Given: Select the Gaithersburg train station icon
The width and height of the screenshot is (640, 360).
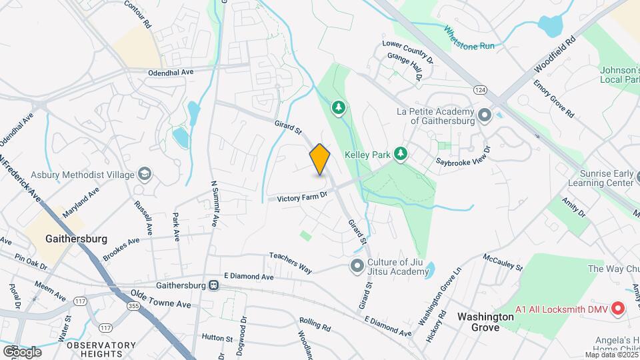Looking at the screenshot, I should pos(214,285).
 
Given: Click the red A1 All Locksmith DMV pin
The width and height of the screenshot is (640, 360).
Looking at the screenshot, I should pos(617,309).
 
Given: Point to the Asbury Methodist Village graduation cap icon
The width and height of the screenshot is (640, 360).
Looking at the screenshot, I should pos(144,175).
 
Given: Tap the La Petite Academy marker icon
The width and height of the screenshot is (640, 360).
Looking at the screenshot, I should pos(485,116).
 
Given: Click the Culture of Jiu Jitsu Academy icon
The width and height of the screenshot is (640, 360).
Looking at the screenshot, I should pos(357,266).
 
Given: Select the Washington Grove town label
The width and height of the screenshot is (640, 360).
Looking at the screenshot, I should pos(485,317).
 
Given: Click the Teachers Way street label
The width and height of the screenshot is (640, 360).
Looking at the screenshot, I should pos(291,263).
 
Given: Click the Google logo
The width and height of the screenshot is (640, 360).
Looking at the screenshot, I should pos(21,351).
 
